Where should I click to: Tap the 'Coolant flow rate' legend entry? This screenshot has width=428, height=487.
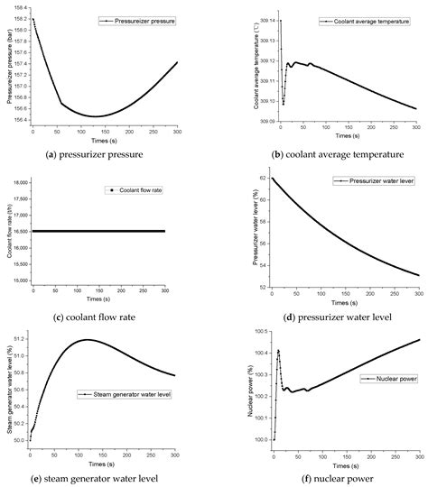pyautogui.click(x=135, y=189)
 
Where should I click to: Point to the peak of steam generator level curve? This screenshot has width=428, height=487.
pyautogui.click(x=108, y=340)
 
